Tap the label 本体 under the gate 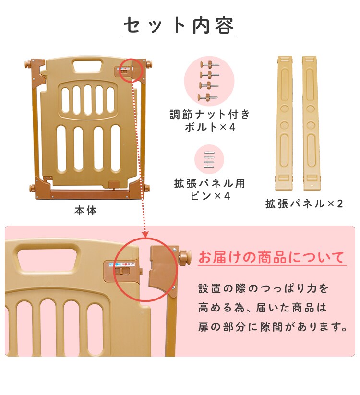tap(85, 210)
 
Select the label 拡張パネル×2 tap(304, 203)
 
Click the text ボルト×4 tap(210, 127)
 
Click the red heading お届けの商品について tap(271, 257)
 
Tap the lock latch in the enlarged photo tap(124, 271)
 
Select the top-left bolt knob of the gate tap(34, 64)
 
